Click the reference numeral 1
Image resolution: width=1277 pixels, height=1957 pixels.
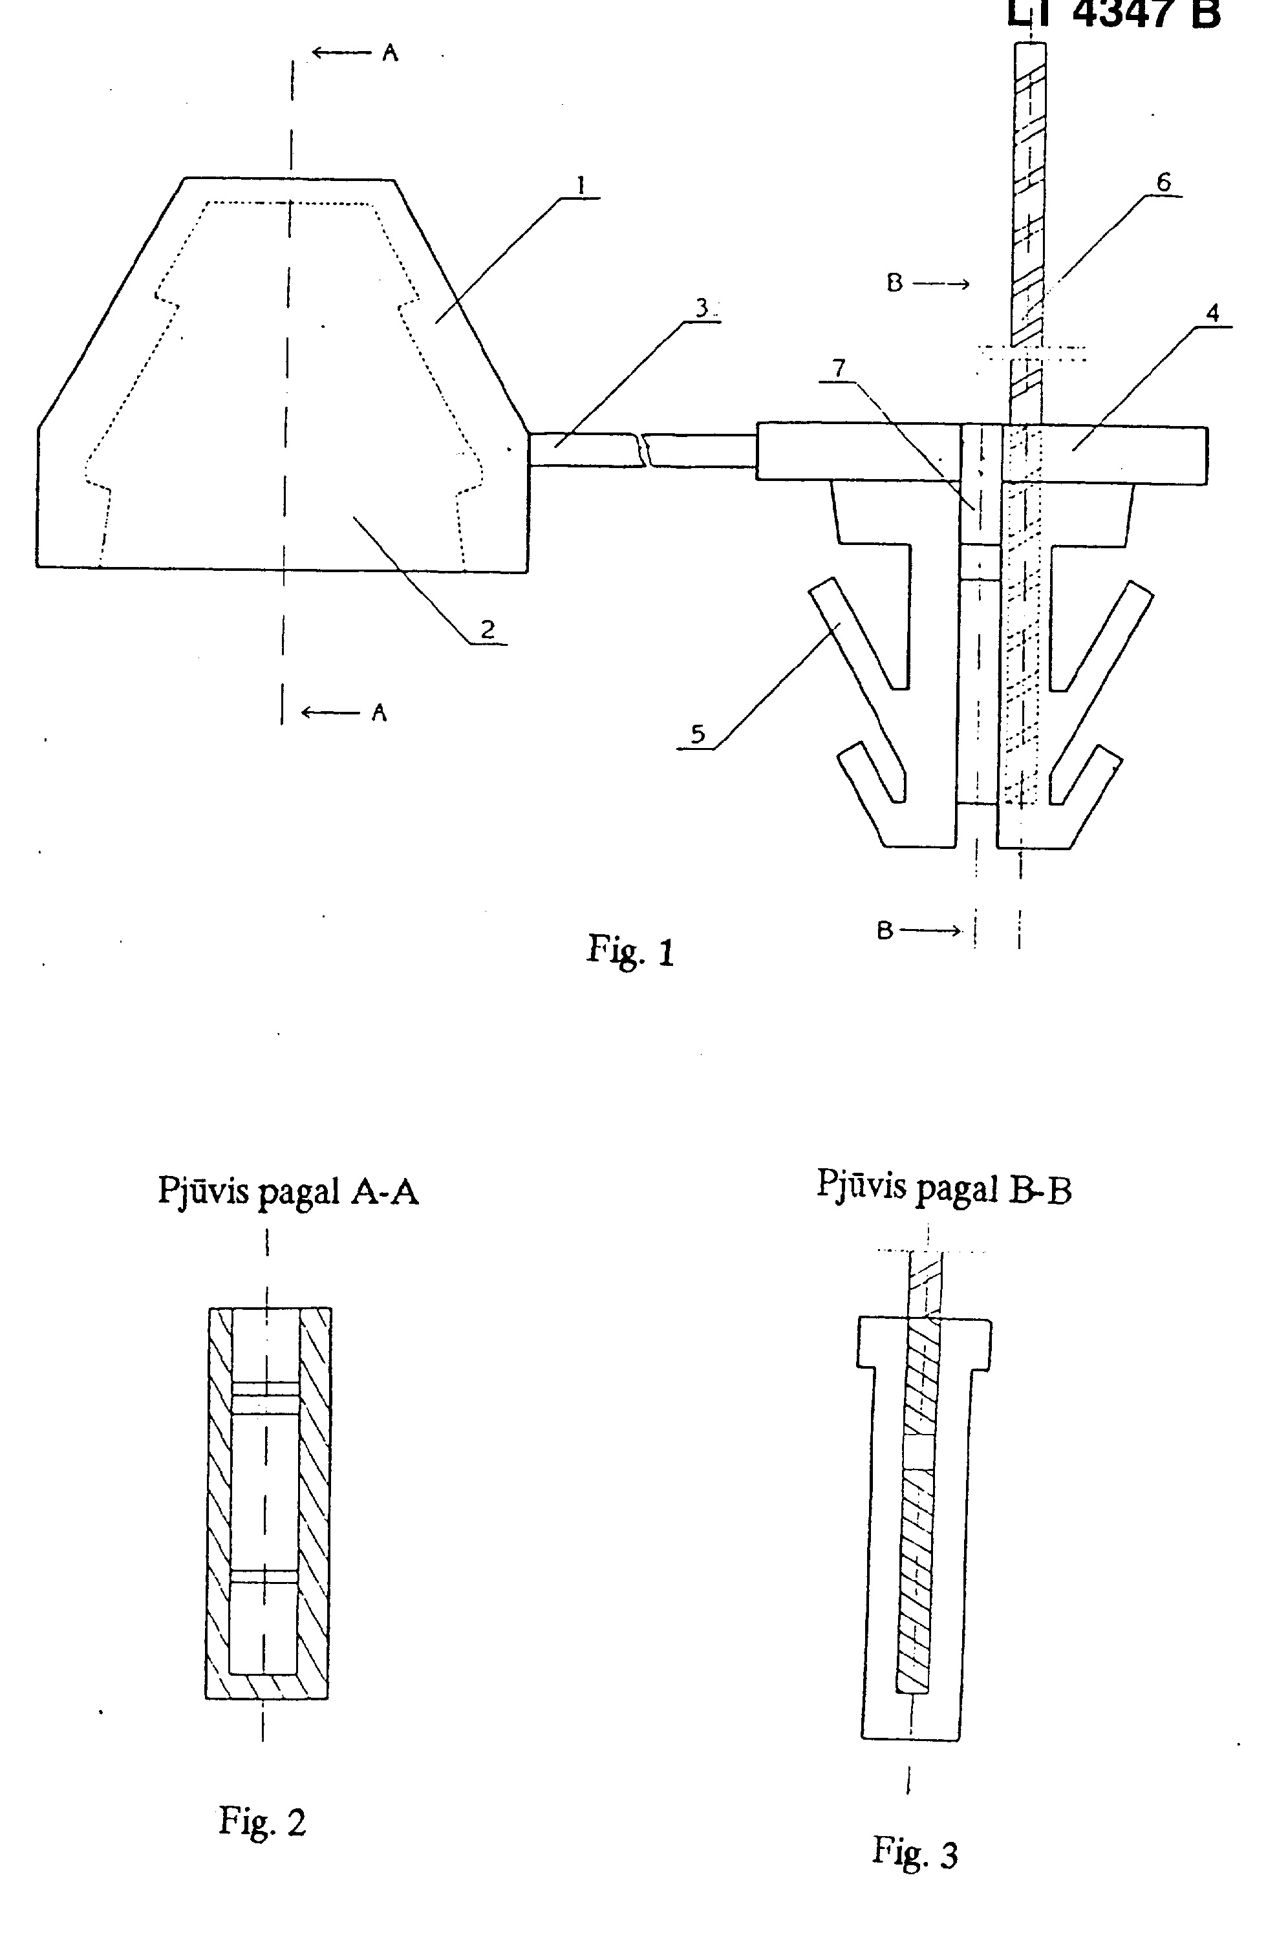tap(581, 186)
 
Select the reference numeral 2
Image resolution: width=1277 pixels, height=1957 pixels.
tap(488, 630)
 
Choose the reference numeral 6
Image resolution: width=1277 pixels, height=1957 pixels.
tap(1164, 182)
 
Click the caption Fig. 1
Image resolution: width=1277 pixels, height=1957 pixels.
tap(630, 950)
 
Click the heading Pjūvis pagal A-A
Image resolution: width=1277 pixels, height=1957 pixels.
tap(288, 1191)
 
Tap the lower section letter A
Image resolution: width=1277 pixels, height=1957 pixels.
tap(379, 713)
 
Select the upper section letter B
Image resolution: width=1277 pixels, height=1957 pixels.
tap(895, 284)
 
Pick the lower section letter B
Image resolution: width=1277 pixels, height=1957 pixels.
tap(885, 931)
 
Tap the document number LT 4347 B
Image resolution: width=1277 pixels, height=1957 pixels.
tap(1114, 14)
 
